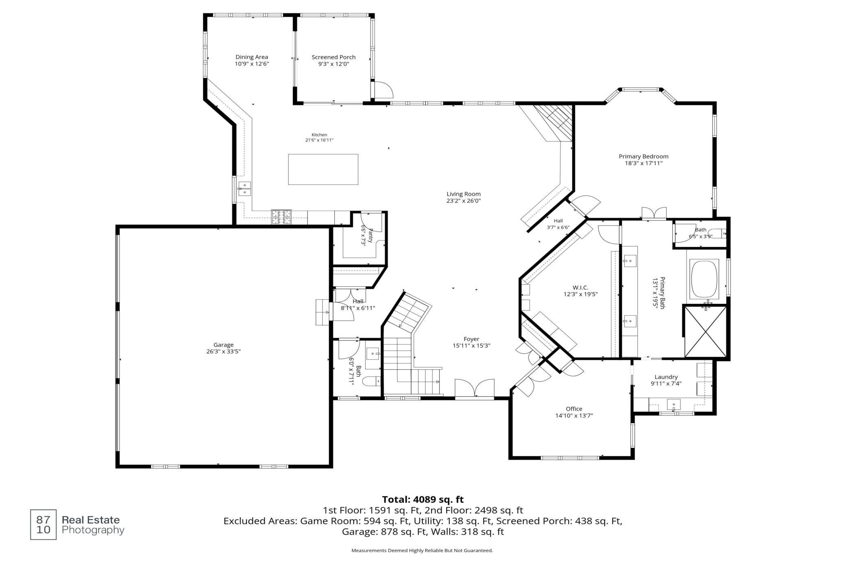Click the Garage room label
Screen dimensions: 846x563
(x=223, y=345)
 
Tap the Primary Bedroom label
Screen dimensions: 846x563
(x=643, y=156)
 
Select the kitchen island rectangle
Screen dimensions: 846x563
(x=323, y=169)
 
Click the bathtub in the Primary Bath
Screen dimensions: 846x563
(x=705, y=279)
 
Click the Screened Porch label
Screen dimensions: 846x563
(x=334, y=57)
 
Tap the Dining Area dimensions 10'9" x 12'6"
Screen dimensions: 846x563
(x=252, y=64)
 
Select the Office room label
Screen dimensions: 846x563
(x=574, y=409)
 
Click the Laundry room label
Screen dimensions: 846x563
(x=666, y=377)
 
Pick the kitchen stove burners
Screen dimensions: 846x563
(x=281, y=217)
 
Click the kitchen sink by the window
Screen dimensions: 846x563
(x=245, y=189)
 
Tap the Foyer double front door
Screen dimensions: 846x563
(x=475, y=389)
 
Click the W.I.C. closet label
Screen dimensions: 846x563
(x=580, y=288)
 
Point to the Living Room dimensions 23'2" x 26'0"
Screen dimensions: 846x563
(x=464, y=201)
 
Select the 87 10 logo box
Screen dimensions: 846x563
(x=44, y=525)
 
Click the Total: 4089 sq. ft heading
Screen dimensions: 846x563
(x=423, y=500)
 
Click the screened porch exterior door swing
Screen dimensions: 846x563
(x=384, y=90)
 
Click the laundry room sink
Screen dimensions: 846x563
(x=674, y=405)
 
